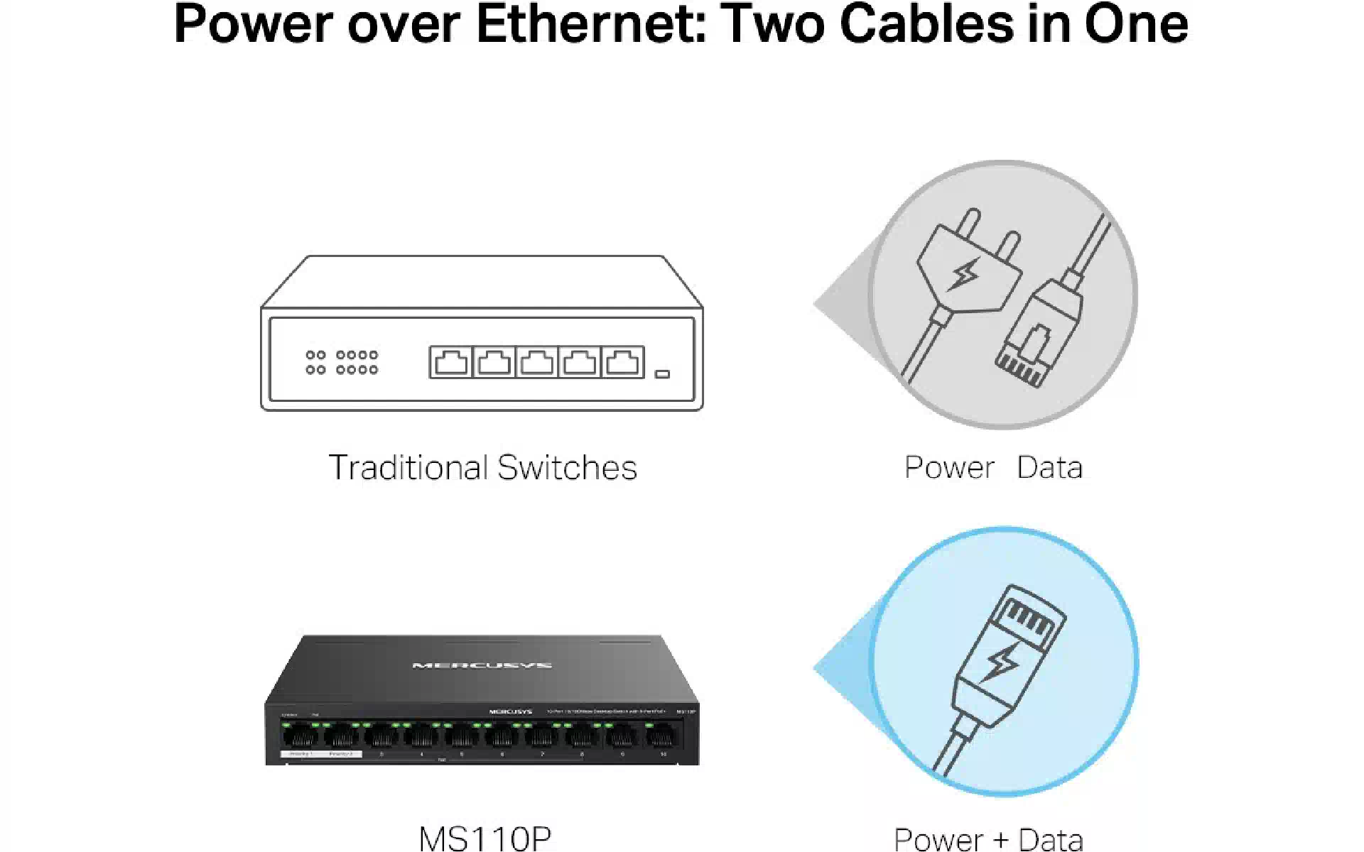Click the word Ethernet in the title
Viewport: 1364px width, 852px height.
590,24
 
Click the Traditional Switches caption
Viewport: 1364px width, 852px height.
482,468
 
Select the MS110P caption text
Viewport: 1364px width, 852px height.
485,838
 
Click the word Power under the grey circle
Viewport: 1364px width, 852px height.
949,468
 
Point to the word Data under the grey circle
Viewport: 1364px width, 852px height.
1049,468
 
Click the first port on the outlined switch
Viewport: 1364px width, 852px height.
451,362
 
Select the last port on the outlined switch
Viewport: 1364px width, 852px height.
622,362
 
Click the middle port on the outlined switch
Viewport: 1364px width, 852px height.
536,362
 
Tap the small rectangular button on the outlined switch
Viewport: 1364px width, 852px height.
662,373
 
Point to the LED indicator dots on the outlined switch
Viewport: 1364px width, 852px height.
342,361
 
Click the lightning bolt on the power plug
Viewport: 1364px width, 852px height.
965,273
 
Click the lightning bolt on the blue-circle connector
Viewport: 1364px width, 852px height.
1001,662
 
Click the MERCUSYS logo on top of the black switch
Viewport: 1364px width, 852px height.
482,665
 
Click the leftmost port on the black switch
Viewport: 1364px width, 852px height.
301,737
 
